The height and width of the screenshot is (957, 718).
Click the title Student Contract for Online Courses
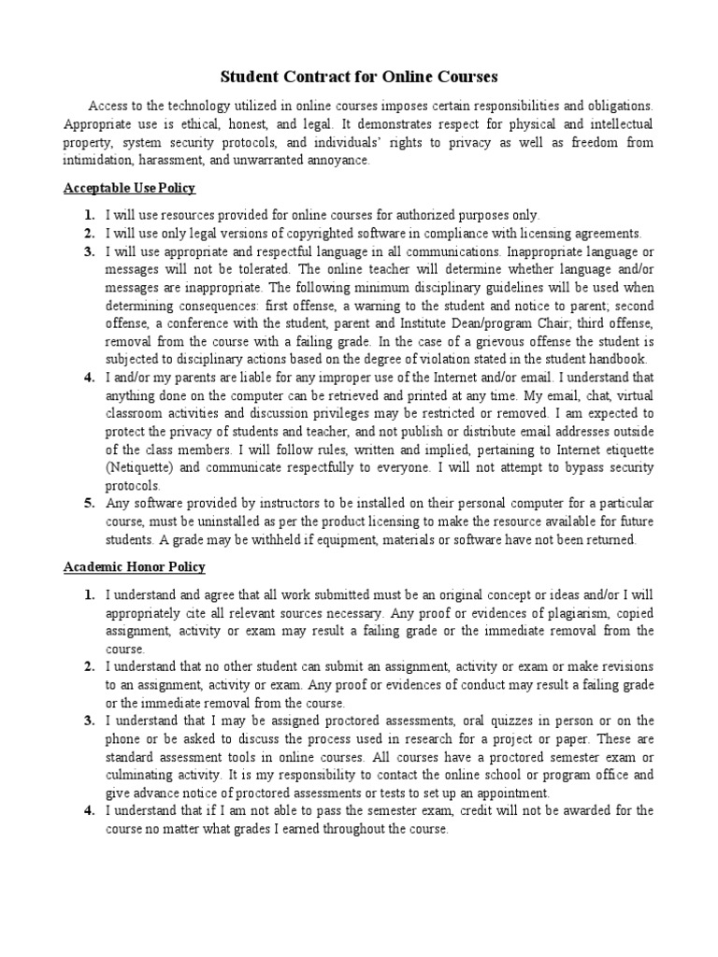coord(359,76)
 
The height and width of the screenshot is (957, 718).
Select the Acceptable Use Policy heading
coord(129,188)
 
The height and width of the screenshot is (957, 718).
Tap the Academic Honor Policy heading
coord(134,566)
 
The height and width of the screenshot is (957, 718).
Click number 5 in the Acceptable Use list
coord(89,503)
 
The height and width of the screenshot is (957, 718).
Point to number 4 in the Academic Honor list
coord(89,809)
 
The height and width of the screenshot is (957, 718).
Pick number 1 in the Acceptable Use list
coord(89,214)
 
